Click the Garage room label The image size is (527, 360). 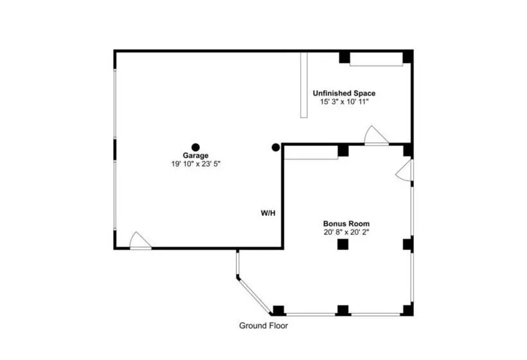tap(195, 156)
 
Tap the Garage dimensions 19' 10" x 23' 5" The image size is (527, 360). tap(195, 164)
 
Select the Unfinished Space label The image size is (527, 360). tap(344, 93)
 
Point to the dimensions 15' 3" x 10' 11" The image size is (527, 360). tap(344, 102)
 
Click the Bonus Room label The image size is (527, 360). tap(346, 224)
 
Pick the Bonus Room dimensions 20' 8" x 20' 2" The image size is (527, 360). tap(346, 232)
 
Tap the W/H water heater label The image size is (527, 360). tap(268, 213)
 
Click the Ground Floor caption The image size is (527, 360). tap(263, 325)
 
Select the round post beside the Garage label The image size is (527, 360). tap(195, 147)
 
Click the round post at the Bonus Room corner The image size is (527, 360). tap(276, 147)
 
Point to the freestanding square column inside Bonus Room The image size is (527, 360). tap(343, 244)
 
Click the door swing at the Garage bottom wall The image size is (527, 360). tap(140, 240)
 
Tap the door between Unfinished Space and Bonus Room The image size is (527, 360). tap(377, 136)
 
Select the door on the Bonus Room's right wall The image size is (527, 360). tap(404, 170)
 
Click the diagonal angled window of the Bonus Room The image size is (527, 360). tap(254, 295)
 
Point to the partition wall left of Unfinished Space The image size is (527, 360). tap(304, 85)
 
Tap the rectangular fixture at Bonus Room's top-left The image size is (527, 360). tap(311, 152)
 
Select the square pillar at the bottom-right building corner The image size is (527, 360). tap(408, 310)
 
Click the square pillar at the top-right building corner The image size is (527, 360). tap(407, 57)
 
